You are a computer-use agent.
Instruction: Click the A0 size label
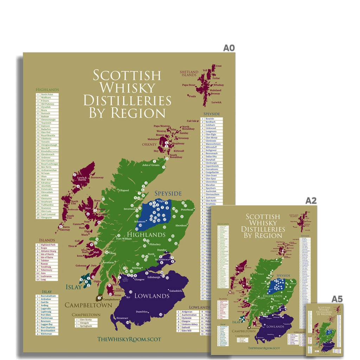coord(229,48)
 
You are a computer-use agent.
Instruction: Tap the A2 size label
coord(311,200)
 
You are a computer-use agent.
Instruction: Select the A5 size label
coord(337,299)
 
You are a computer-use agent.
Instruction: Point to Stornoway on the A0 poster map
coord(97,178)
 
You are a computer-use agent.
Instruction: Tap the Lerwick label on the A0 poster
coord(217,102)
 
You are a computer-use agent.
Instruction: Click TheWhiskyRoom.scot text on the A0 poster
coord(129,339)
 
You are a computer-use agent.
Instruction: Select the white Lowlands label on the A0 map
coord(152,296)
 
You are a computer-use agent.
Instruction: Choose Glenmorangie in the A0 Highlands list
coord(49,120)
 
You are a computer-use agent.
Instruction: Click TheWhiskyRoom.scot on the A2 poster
coord(264,347)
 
